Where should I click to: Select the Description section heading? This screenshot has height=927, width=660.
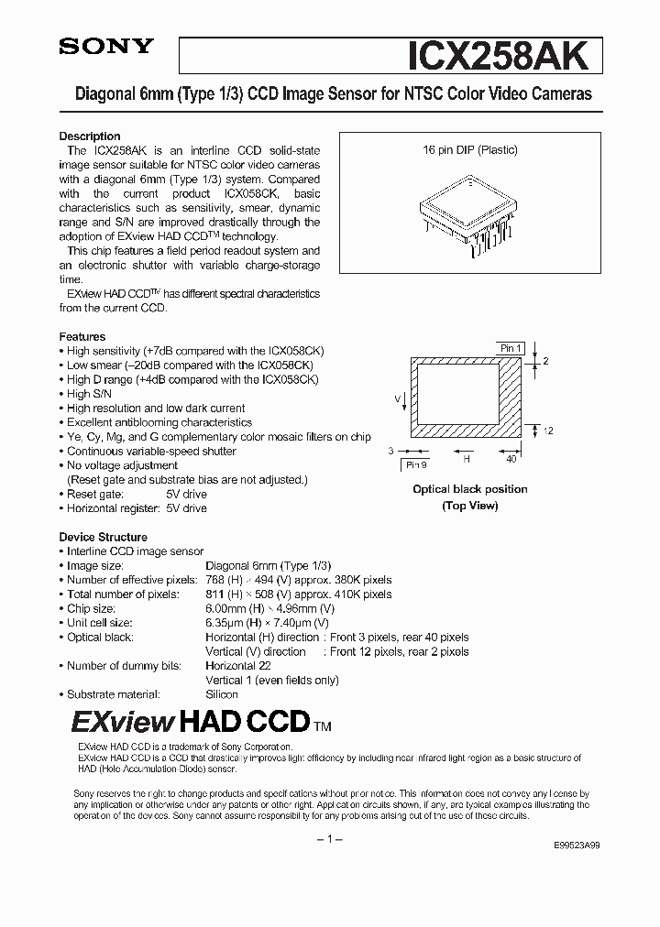click(x=90, y=136)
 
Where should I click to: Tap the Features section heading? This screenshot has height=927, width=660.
click(x=82, y=336)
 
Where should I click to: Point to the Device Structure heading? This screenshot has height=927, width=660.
click(x=103, y=537)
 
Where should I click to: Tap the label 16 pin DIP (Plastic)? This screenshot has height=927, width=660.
click(x=469, y=149)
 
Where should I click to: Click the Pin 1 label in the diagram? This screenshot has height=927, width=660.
click(x=510, y=348)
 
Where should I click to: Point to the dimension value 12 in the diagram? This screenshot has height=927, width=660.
click(x=547, y=431)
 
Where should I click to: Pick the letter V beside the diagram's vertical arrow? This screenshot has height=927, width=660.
click(x=398, y=399)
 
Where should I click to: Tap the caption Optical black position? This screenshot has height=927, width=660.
click(x=469, y=489)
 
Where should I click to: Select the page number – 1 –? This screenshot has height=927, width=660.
click(x=330, y=839)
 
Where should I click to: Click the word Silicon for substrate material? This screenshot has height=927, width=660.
click(x=222, y=694)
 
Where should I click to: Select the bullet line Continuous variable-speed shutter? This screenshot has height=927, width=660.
click(x=151, y=451)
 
